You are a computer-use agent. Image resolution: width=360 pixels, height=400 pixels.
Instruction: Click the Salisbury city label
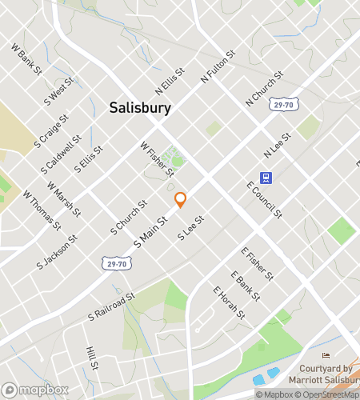click(139, 108)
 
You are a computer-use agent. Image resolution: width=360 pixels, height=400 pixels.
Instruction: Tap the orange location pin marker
click(181, 200)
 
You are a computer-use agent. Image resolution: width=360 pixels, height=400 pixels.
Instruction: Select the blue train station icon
click(264, 178)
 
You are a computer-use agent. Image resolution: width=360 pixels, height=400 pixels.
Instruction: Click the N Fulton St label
click(218, 70)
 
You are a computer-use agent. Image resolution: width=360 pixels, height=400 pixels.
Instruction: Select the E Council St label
click(265, 199)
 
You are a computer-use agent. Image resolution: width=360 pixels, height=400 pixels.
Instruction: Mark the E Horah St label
click(229, 303)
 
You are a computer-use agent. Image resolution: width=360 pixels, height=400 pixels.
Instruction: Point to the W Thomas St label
click(42, 210)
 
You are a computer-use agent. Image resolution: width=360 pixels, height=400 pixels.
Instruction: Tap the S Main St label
click(150, 231)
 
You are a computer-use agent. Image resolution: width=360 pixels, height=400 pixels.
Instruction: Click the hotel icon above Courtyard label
click(326, 356)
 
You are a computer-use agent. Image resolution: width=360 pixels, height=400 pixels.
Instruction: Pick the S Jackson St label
click(56, 251)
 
